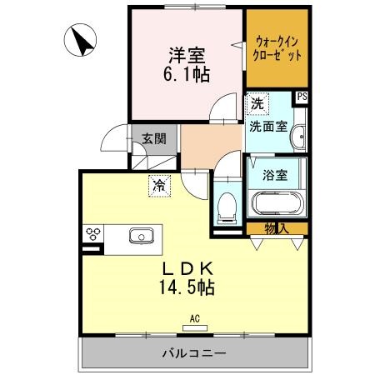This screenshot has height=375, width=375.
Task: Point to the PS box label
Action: [x=302, y=97]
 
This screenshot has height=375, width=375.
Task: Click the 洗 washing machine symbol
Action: [x=257, y=104]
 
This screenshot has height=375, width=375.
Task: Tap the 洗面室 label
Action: [x=268, y=127]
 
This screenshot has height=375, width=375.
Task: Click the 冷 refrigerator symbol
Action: [x=157, y=185]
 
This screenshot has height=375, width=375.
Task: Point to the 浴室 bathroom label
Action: [x=274, y=176]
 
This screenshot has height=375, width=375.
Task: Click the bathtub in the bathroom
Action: [x=275, y=203]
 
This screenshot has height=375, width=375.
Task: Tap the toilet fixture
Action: [x=225, y=207]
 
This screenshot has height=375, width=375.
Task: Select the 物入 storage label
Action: [x=276, y=227]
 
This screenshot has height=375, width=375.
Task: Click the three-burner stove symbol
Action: [x=91, y=234]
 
